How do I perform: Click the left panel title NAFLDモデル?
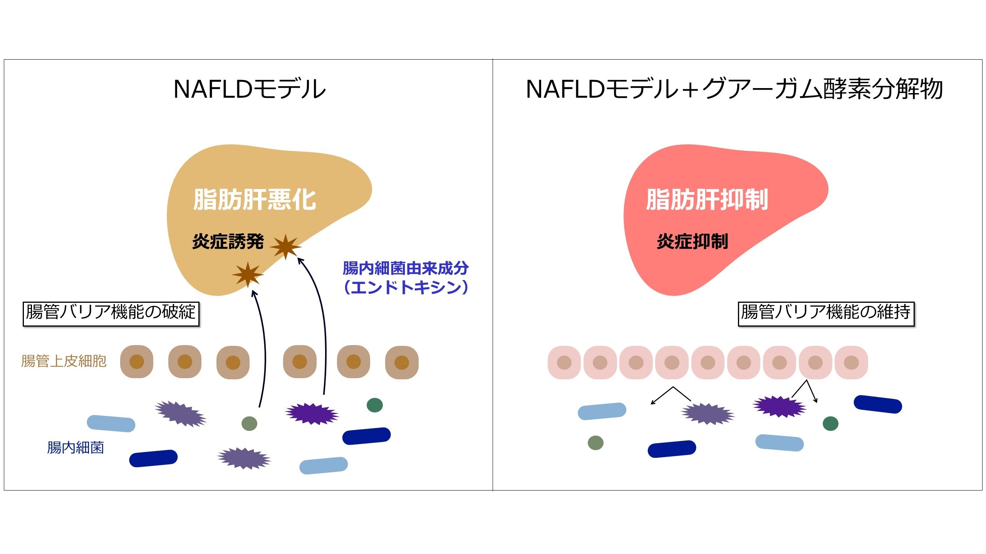tap(250, 89)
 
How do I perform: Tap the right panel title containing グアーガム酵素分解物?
tap(734, 89)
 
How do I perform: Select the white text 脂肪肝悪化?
tap(255, 200)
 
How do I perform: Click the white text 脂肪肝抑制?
tap(707, 200)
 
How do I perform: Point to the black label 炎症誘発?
tap(228, 242)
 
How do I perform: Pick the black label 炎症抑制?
tap(693, 242)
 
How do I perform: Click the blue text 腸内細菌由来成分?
tap(406, 268)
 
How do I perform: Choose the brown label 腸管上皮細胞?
tap(64, 361)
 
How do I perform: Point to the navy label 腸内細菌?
tap(75, 447)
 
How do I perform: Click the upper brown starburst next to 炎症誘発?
tap(286, 246)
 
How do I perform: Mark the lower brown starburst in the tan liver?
tap(248, 274)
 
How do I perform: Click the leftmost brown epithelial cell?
tap(137, 362)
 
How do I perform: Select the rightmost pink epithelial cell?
tap(851, 362)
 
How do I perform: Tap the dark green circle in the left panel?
tap(375, 405)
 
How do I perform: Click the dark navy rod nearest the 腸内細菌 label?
tap(153, 458)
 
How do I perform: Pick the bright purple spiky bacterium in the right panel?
tap(780, 406)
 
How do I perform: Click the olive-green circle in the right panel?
tap(595, 443)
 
